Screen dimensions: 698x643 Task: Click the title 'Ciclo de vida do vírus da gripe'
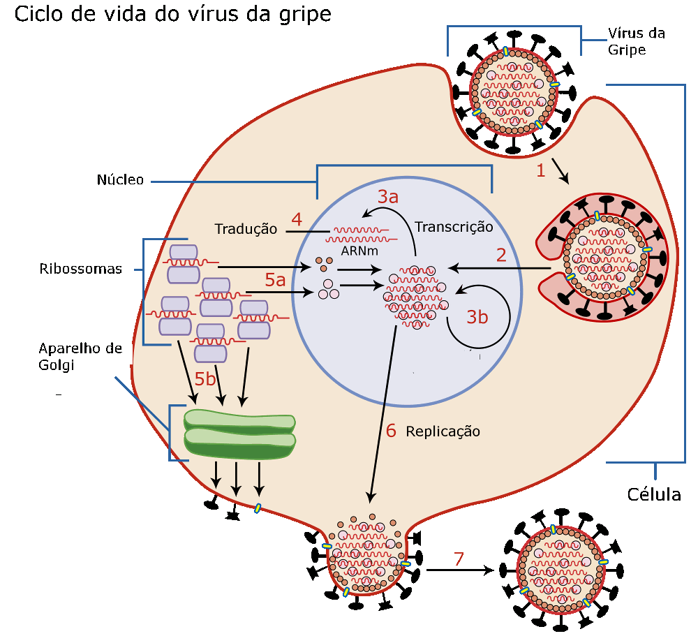[172, 15]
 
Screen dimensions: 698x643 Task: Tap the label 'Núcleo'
[120, 180]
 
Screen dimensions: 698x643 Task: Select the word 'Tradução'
[246, 229]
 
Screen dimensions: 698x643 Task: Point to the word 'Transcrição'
[454, 227]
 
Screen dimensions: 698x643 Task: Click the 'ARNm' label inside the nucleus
[359, 251]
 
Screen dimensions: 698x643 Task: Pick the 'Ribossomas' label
[80, 269]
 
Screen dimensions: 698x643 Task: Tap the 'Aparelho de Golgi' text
[80, 356]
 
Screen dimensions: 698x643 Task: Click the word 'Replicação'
[443, 431]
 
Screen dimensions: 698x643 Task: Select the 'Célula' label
[654, 495]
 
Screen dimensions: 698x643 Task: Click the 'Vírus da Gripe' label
[637, 41]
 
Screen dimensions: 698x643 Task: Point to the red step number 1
[541, 170]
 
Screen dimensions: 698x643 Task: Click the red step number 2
[501, 255]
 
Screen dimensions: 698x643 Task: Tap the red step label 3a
[387, 197]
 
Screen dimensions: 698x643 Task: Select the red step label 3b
[477, 317]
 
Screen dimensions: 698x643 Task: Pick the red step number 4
[297, 219]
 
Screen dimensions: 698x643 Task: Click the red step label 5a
[275, 280]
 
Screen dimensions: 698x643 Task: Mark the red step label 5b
[205, 379]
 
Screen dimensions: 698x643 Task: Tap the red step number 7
[459, 559]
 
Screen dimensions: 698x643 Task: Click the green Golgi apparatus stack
[239, 434]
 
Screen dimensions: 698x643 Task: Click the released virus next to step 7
[561, 570]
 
